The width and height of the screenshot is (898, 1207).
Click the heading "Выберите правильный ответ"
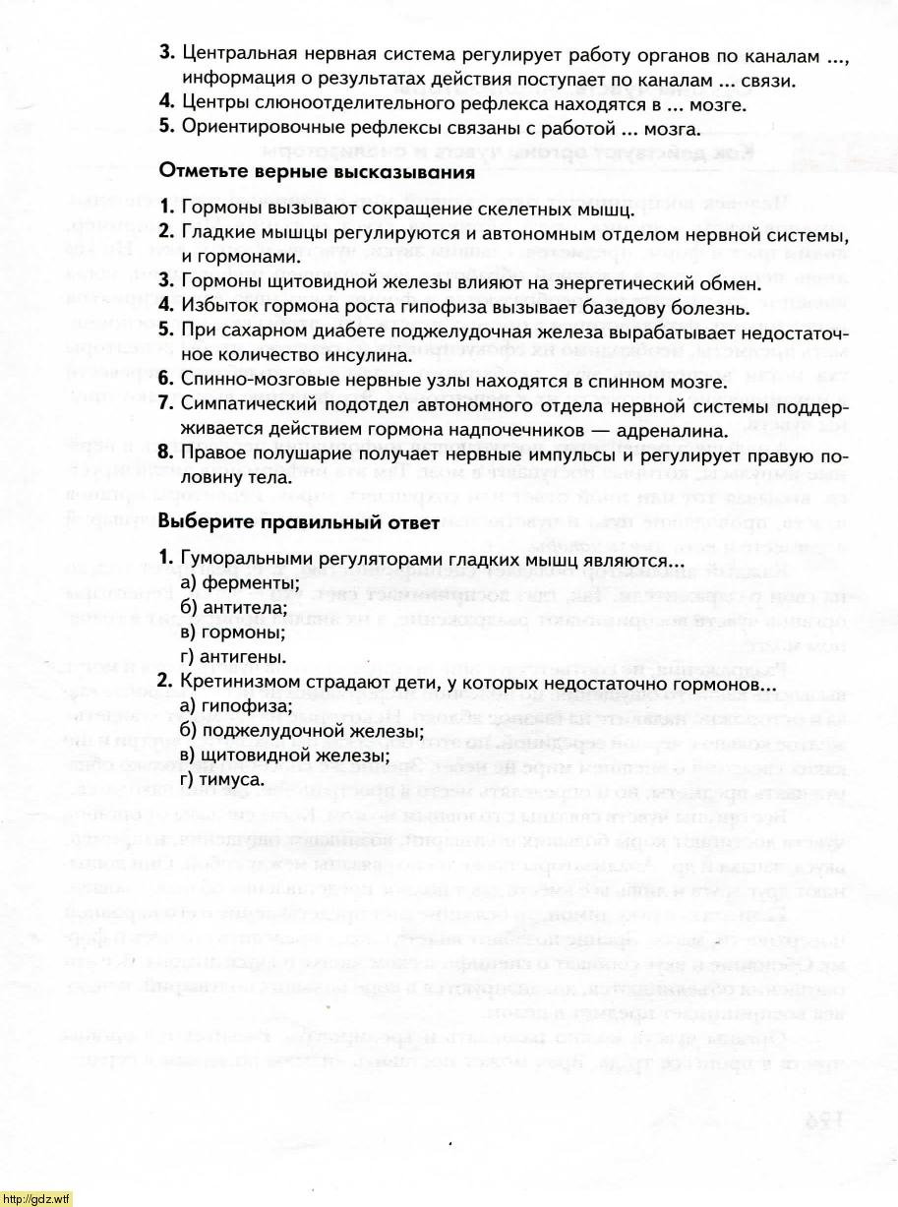(x=298, y=522)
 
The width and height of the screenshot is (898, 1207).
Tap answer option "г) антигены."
(x=232, y=655)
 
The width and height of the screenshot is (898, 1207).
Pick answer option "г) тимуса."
(x=223, y=778)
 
